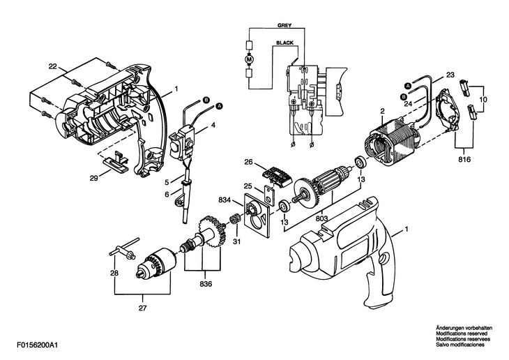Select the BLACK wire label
285,43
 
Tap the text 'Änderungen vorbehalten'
464,327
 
